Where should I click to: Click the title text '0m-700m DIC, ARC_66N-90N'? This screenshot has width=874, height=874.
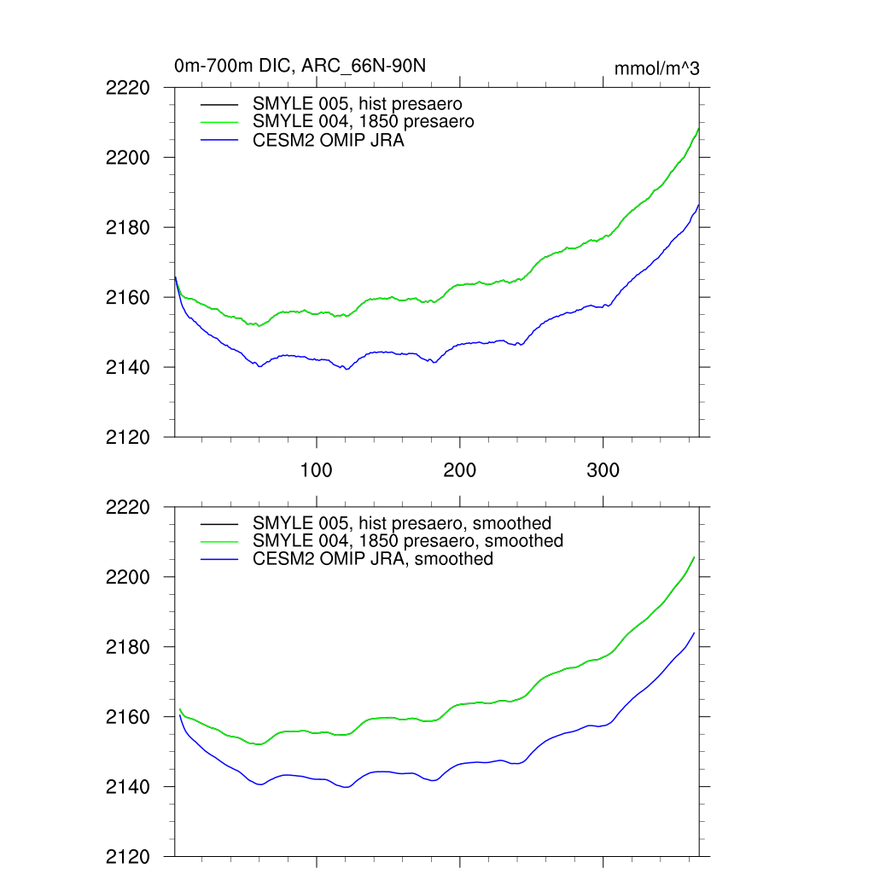306,65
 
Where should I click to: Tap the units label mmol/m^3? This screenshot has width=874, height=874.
656,69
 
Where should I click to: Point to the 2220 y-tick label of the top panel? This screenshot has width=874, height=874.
128,88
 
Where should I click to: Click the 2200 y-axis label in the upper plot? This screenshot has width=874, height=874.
128,158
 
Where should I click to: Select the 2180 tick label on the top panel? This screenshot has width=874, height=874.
128,228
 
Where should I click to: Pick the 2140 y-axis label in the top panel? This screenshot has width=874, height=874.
128,368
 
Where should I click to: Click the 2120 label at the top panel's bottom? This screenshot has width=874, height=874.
128,438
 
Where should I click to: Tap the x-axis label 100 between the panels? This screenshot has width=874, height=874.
317,471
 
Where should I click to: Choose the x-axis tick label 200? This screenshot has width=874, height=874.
460,471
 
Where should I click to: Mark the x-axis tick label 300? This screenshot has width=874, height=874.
603,471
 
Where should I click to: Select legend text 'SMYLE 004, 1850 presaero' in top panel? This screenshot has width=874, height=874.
364,122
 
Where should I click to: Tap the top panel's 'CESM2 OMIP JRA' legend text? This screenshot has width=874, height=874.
329,141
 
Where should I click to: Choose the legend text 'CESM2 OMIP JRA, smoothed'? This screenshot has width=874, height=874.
373,559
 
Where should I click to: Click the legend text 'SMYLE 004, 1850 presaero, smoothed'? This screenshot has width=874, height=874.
408,541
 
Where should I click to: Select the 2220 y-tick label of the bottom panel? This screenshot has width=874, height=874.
128,507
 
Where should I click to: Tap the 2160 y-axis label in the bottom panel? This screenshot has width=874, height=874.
128,717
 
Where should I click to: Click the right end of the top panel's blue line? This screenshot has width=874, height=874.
698,205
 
